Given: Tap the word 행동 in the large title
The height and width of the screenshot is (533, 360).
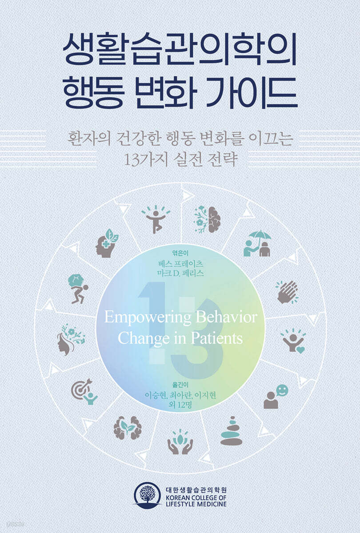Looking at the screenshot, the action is click(x=94, y=92).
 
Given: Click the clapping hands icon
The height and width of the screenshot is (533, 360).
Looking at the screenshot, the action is click(x=288, y=292).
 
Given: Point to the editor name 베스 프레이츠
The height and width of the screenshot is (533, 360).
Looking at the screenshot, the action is click(x=180, y=264).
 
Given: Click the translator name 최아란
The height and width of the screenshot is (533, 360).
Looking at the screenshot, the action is click(x=180, y=395).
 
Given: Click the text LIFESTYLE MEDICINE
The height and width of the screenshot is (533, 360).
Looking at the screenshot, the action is click(x=196, y=504).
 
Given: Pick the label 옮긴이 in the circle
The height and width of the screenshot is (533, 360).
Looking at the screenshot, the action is click(x=180, y=385).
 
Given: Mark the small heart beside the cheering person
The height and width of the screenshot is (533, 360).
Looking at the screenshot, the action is click(x=301, y=349).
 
